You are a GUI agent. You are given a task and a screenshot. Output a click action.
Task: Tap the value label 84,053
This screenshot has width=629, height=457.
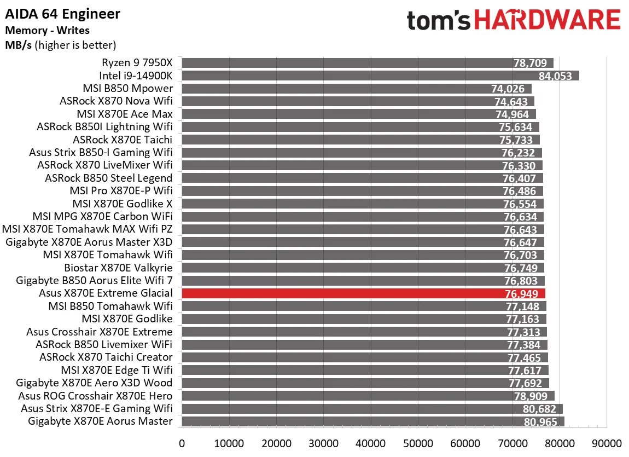click(554, 76)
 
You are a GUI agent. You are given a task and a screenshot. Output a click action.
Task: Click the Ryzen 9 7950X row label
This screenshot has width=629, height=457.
click(137, 63)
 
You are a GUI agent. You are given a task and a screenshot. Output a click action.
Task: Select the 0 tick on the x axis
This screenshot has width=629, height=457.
click(182, 443)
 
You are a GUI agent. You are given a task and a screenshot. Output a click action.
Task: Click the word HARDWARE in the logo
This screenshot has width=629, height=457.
click(546, 20)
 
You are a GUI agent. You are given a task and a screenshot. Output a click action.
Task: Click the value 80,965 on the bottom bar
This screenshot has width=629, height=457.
click(540, 422)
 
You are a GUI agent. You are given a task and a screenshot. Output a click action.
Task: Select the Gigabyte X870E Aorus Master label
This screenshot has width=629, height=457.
click(94, 421)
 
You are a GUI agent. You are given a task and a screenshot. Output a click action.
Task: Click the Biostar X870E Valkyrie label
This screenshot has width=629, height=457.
click(118, 268)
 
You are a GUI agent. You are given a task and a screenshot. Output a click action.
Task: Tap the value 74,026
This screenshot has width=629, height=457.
click(508, 89)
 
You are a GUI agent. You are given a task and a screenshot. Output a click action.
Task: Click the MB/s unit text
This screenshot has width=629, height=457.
click(18, 45)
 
